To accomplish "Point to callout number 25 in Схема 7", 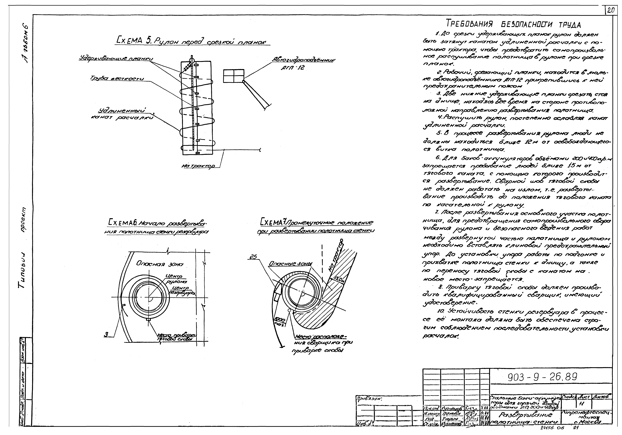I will coord(253,257).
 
